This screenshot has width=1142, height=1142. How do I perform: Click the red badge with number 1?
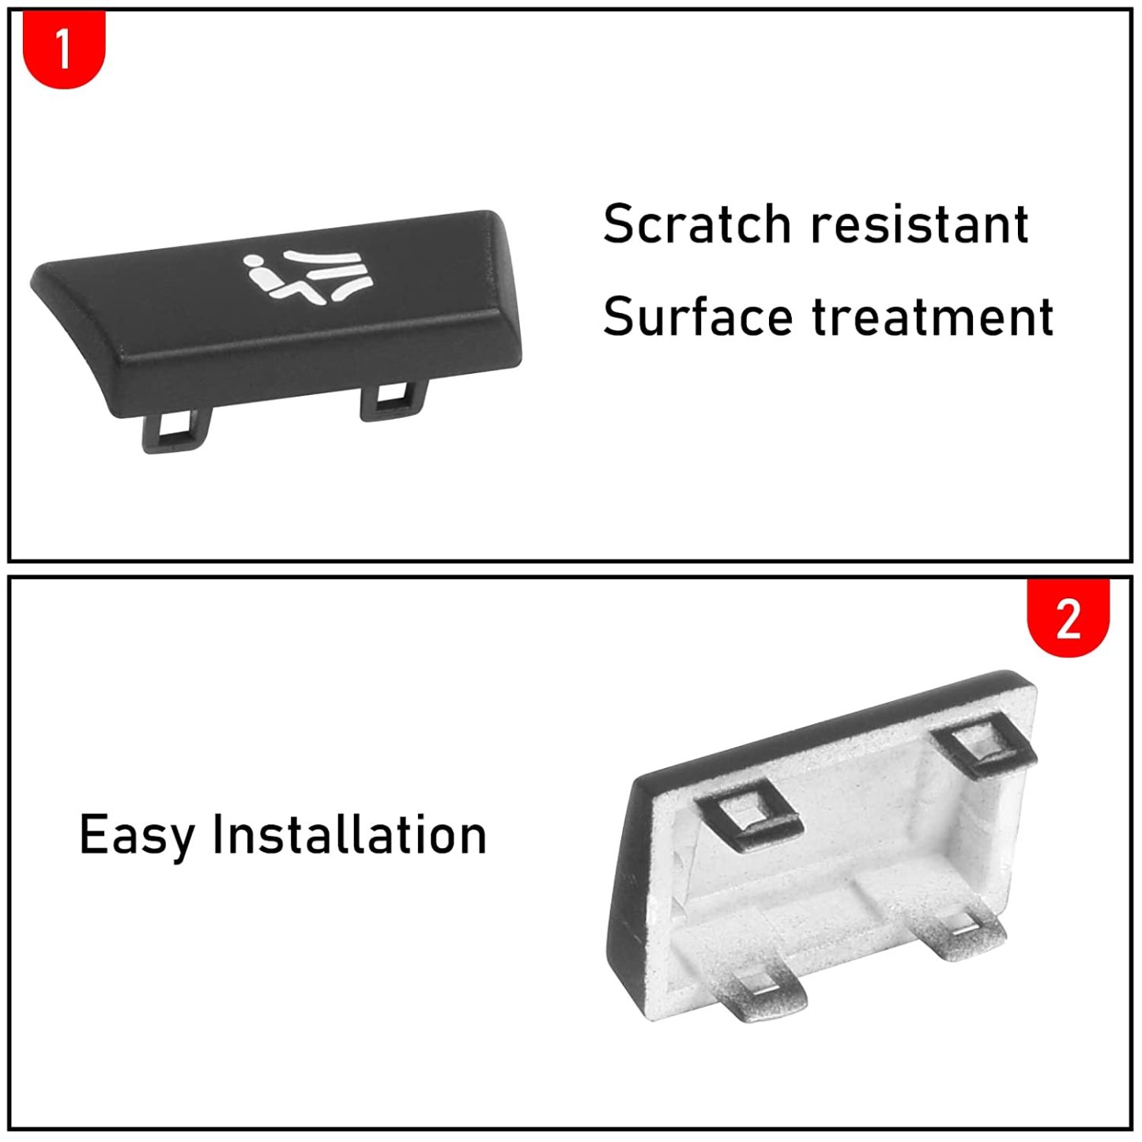point(64,48)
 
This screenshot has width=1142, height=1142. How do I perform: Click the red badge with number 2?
point(1068,619)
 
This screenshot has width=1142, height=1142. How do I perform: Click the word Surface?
point(697,317)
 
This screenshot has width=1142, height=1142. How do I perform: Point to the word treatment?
point(933,317)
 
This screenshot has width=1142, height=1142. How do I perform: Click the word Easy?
point(137,835)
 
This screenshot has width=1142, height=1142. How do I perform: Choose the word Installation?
point(349,835)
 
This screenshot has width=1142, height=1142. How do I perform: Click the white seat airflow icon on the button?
point(309,278)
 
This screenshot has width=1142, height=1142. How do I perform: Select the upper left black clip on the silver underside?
point(748,813)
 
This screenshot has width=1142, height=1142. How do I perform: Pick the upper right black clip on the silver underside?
point(984,747)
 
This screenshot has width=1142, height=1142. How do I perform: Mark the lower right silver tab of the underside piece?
point(964,933)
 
